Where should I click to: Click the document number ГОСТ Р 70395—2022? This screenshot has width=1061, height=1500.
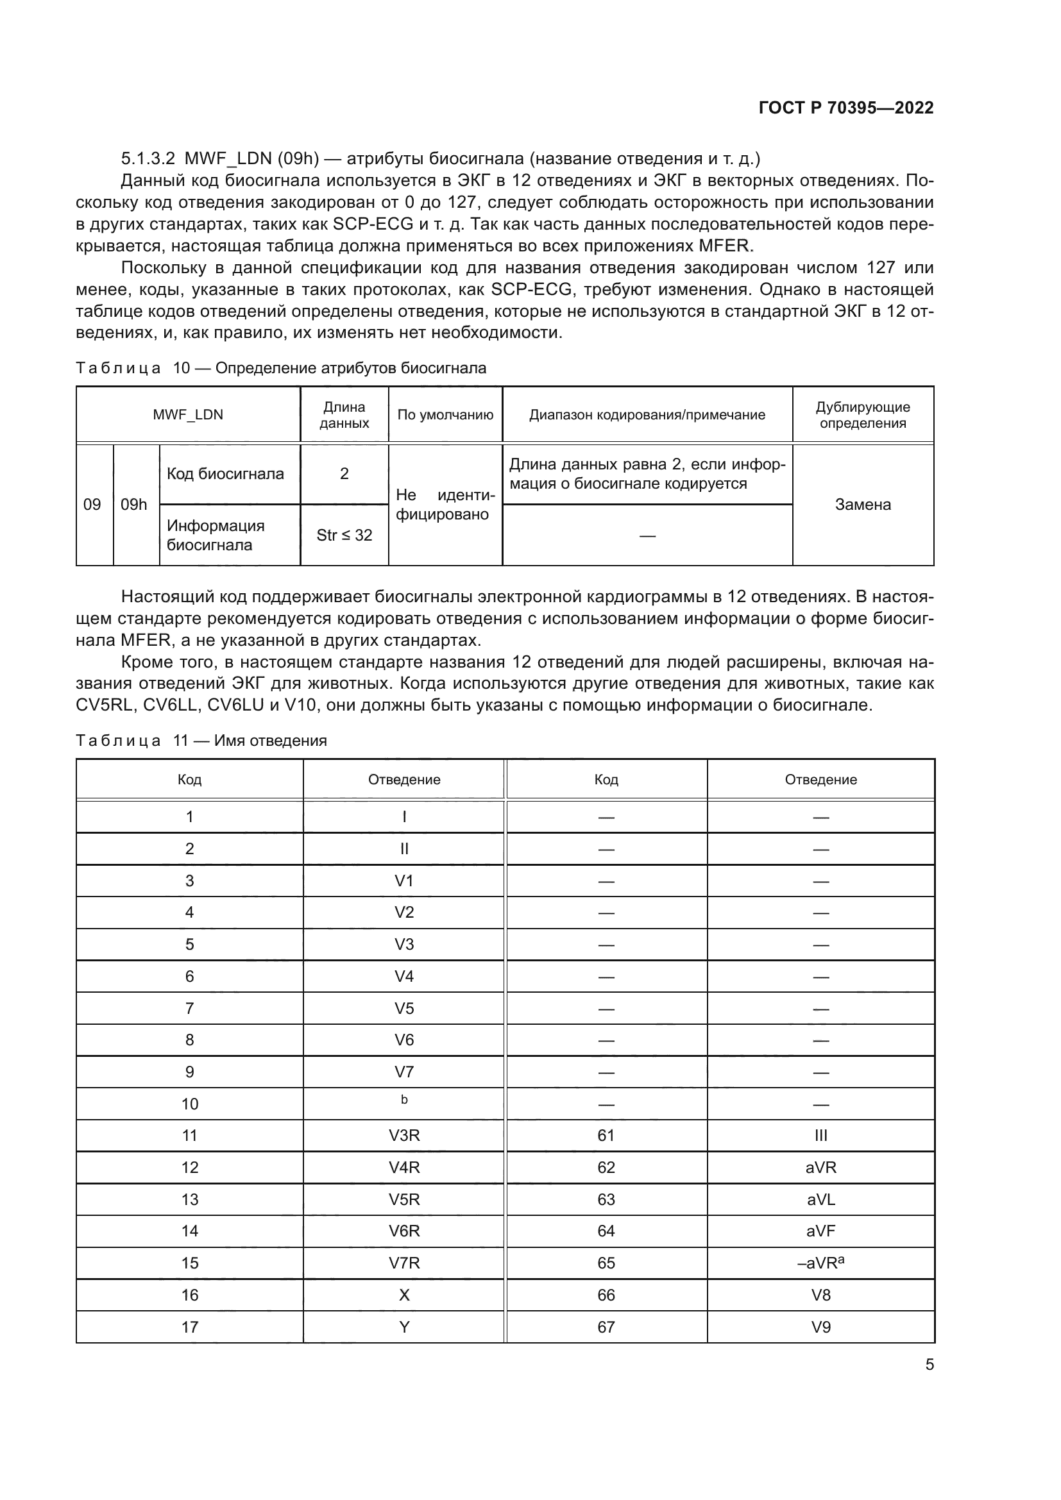845,108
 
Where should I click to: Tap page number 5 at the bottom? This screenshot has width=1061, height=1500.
929,1364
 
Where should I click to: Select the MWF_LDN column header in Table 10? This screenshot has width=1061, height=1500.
188,415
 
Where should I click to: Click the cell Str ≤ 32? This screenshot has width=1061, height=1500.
344,535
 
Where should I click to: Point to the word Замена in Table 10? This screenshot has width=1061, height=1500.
862,504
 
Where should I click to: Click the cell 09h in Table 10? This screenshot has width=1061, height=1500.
134,504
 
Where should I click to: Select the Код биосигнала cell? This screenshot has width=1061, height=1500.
225,474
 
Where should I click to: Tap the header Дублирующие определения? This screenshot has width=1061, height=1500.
862,415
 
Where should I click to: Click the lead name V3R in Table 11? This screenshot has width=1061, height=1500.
403,1136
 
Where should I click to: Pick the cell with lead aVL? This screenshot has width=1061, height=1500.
820,1199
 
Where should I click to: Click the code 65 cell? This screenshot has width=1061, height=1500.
606,1263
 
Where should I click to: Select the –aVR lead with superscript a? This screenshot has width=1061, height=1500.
820,1263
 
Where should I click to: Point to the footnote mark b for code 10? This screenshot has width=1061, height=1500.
403,1100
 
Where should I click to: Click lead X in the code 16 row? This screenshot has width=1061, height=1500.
403,1295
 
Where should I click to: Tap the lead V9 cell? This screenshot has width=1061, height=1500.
820,1327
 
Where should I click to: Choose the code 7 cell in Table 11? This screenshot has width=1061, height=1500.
189,1008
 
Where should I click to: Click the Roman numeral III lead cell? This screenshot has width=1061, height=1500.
820,1136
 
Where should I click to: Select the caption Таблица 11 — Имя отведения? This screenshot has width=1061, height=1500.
201,740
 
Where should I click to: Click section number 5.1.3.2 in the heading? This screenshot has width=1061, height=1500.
148,159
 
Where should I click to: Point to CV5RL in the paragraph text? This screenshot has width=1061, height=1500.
105,705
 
